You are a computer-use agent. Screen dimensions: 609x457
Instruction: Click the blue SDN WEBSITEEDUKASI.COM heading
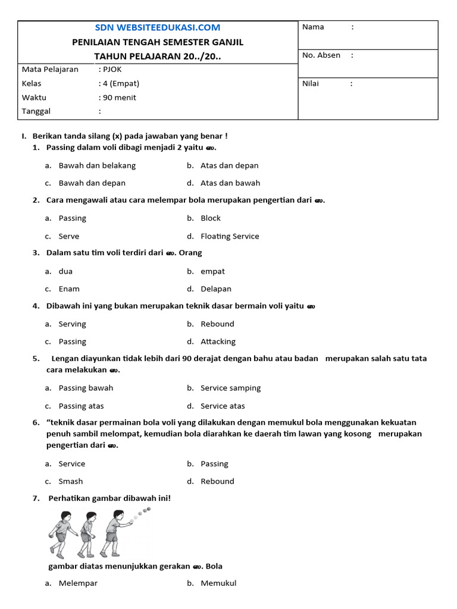click(158, 27)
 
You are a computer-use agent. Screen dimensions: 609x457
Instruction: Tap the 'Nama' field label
click(313, 27)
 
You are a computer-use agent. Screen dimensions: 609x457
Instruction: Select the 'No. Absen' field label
click(321, 55)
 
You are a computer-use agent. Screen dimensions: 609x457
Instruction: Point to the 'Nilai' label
click(311, 84)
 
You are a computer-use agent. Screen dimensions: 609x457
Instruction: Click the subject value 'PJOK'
click(112, 70)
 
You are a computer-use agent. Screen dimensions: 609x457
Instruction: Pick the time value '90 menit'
click(119, 98)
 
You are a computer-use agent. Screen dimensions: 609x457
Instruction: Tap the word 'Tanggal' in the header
click(36, 112)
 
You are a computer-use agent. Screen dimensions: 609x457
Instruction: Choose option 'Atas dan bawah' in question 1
click(230, 183)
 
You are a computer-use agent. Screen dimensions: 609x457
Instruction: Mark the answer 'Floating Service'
click(230, 236)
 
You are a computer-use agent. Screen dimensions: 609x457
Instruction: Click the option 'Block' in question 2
click(211, 218)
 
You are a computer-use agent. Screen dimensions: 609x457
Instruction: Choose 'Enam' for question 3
click(69, 289)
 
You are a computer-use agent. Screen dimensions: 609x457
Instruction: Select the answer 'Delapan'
click(216, 289)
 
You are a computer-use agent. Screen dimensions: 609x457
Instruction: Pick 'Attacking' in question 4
click(218, 342)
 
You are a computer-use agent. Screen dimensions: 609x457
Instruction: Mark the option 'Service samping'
click(230, 388)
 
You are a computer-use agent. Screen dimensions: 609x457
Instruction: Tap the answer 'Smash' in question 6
click(71, 482)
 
